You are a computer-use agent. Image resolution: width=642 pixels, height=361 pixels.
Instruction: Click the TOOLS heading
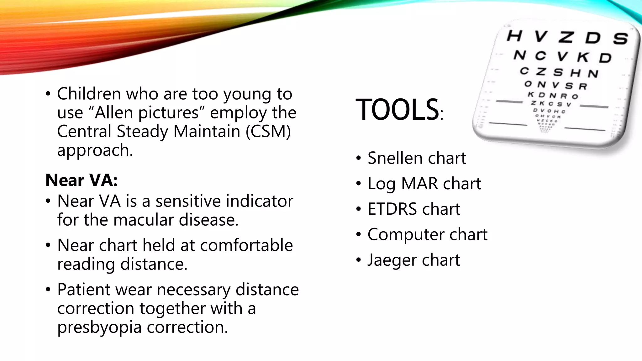pos(397,109)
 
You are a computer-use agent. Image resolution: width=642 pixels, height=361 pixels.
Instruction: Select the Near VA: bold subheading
pos(82,180)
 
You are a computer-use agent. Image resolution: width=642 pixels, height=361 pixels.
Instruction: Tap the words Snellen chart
pos(417,158)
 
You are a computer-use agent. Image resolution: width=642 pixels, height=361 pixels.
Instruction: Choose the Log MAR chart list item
pos(424,184)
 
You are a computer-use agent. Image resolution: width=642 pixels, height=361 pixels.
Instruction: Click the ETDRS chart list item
pos(414,209)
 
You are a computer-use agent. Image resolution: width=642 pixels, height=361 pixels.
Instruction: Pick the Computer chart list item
pos(427,234)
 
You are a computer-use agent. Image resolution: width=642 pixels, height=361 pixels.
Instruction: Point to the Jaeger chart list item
pos(413,260)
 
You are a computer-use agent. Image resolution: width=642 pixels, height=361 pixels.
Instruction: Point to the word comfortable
pos(246,245)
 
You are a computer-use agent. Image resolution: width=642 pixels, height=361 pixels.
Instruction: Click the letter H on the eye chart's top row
pos(514,35)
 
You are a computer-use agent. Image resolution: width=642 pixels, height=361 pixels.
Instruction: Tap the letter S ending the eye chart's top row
pos(620,39)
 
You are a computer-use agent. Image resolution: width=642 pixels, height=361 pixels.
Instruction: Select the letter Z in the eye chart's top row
pos(566,37)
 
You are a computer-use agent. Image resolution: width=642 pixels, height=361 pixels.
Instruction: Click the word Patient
pos(83,290)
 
